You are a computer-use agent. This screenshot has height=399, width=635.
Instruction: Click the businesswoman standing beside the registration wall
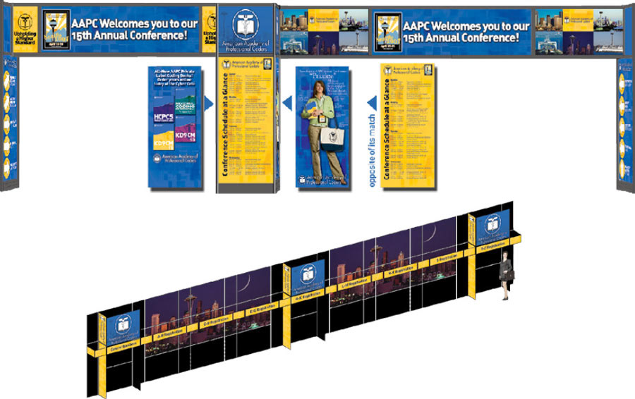pos(505,279)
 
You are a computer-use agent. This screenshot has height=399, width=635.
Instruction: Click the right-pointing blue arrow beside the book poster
pos(208,104)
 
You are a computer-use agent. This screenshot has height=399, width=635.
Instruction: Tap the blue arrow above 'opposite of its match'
pos(372,103)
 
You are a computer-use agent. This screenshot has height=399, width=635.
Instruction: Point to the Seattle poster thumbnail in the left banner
pos(55,29)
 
